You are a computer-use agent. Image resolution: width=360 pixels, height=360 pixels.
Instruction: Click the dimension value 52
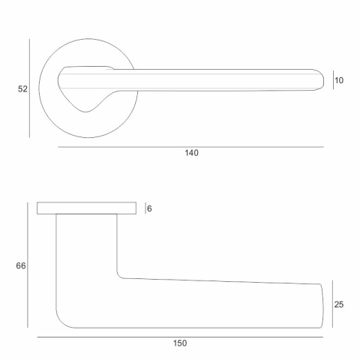point(22,89)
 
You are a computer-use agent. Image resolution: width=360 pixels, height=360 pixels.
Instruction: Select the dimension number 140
point(191,153)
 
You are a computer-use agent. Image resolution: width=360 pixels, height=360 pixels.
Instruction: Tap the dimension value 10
point(339,80)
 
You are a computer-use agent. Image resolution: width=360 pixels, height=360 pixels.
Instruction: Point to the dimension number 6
point(149,208)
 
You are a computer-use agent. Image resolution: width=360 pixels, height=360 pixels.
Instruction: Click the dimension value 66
point(21,265)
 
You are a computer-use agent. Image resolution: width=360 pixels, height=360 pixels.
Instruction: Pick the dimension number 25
point(339,304)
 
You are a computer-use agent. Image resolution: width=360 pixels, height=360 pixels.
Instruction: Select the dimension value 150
point(180,343)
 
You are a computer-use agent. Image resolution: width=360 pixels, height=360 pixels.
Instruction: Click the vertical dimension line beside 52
point(29,88)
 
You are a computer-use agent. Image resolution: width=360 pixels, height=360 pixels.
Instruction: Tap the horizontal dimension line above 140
point(190,147)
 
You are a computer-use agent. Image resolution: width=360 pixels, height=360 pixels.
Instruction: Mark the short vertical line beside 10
point(333,80)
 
